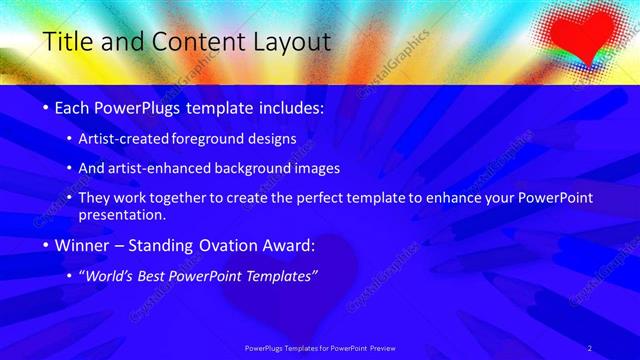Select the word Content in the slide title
195,42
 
